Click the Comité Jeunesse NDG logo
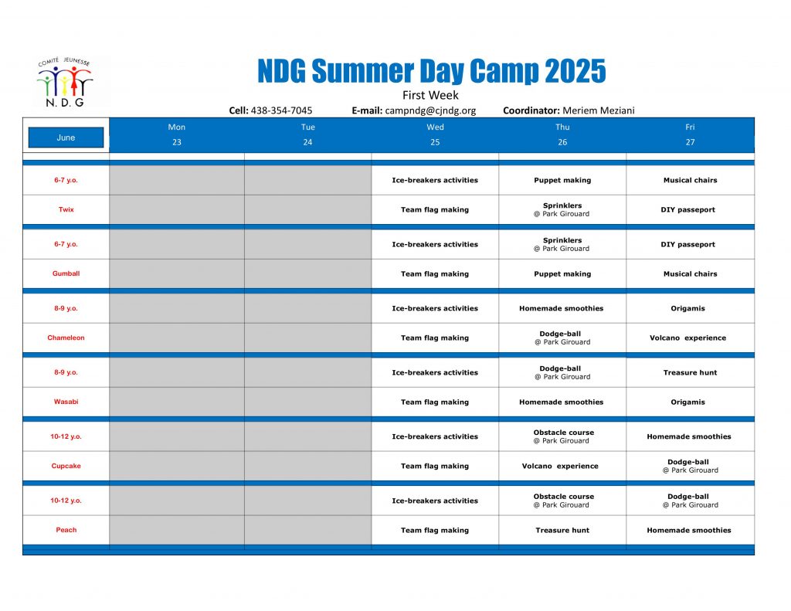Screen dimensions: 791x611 (x=65, y=82)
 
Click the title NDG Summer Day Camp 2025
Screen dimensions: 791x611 (x=431, y=70)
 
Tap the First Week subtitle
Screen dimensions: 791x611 (x=430, y=95)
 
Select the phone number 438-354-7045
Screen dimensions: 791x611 (x=281, y=110)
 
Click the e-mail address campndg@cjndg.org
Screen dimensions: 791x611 (x=430, y=110)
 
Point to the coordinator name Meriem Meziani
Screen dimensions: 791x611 (x=599, y=110)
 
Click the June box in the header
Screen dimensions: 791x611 (x=66, y=137)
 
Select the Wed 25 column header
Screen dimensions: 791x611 (x=435, y=134)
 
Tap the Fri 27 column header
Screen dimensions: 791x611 (x=690, y=134)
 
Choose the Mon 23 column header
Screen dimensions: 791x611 (x=177, y=134)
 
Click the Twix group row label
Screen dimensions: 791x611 (x=66, y=209)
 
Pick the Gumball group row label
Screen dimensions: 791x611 (x=66, y=273)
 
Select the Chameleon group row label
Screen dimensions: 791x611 (x=66, y=338)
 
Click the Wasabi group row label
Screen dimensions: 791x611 (x=66, y=402)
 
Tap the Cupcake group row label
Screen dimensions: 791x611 (x=66, y=466)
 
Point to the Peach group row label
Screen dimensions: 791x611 (x=66, y=530)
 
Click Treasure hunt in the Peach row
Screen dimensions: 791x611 (x=562, y=530)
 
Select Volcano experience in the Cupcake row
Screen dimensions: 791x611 (x=560, y=467)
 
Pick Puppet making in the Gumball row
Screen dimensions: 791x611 (x=562, y=274)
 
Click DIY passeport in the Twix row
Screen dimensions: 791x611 (x=688, y=210)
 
